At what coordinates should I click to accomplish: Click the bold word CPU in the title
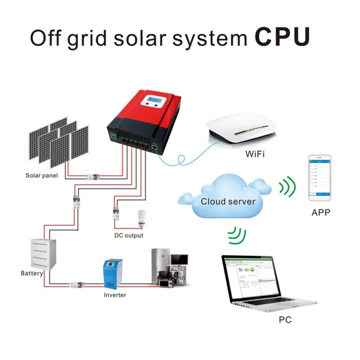click(282, 36)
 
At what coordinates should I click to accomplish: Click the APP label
click(320, 212)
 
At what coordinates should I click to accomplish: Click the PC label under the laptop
click(285, 319)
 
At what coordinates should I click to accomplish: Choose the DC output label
click(129, 235)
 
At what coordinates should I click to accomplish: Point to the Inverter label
click(115, 295)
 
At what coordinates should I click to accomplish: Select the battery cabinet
click(43, 254)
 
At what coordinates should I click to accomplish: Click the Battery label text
click(32, 273)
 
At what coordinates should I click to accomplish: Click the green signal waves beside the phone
click(287, 186)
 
